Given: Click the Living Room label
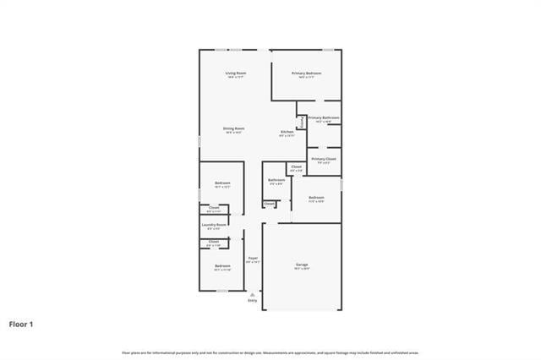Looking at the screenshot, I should pos(236,74).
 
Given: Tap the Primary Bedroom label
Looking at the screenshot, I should pos(307,74).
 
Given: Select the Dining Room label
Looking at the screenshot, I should pos(233,128).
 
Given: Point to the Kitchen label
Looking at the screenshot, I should pos(287,132).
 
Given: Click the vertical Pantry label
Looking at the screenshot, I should pos(302,122).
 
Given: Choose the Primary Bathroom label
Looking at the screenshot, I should pos(324,118).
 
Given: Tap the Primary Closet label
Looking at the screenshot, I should pos(324,159).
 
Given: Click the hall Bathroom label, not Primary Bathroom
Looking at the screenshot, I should pos(276,180).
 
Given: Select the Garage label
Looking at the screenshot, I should pos(302,265).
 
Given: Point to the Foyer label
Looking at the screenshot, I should pos(253,258).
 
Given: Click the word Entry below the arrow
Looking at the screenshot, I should pos(252,301).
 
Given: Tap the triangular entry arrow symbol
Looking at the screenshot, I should pos(252,294).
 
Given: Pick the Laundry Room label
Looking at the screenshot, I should pos(214,225).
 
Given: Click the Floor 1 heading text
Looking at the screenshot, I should pos(22,324).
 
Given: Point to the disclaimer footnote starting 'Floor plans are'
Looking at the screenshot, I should pos(270,352).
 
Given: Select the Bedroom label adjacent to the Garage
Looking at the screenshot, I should pos(316,198).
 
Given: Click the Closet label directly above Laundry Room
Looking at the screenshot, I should pos(214,208).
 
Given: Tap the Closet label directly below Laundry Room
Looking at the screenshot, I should pos(214,242).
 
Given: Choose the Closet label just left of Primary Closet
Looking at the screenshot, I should pos(296,167).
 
